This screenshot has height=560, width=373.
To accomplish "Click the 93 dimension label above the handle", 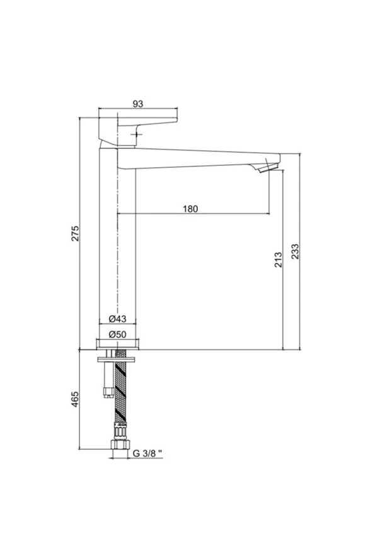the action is click(138, 103).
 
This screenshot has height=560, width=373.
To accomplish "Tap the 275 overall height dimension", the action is click(76, 233).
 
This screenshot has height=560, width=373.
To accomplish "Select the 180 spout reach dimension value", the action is click(190, 209).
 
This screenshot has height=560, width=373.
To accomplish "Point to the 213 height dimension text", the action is click(278, 260).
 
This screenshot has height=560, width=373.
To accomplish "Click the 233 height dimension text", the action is click(295, 252).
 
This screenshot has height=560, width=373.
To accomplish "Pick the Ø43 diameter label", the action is click(117, 318).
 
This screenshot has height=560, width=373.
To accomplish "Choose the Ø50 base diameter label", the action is click(117, 334).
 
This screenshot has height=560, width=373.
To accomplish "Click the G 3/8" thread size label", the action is click(147, 453).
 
